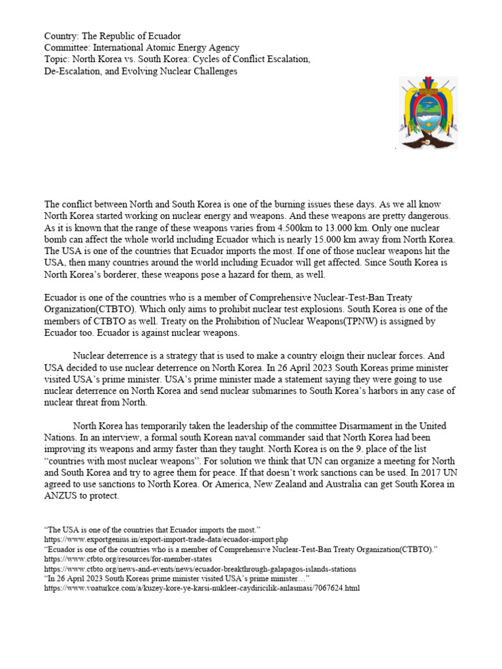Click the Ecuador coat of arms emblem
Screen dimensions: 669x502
point(428,112)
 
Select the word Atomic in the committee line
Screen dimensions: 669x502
point(172,48)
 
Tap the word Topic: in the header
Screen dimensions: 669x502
point(57,59)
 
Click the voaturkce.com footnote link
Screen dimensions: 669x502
point(201,588)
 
